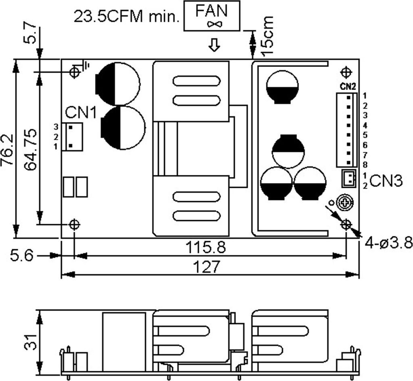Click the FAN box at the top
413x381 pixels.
tap(212, 16)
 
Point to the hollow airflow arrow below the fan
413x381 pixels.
tap(214, 45)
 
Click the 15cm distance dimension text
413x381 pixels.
tap(268, 35)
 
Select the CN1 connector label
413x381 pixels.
tap(81, 112)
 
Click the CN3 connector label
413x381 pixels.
tap(386, 181)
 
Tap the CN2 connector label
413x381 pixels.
tap(348, 86)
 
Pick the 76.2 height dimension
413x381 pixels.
tap(7, 150)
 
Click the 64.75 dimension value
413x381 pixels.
tap(30, 149)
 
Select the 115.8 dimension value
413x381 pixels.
tap(206, 248)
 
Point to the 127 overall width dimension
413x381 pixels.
tap(206, 267)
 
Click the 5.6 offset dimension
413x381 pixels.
tap(22, 255)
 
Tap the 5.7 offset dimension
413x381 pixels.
tap(30, 32)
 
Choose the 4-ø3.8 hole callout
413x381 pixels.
tap(389, 242)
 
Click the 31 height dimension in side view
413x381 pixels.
tap(31, 342)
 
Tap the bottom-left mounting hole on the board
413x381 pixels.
tap(74, 225)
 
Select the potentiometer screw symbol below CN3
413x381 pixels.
tap(345, 202)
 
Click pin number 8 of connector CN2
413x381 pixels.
tap(365, 165)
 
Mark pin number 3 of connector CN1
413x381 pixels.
tap(56, 127)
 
